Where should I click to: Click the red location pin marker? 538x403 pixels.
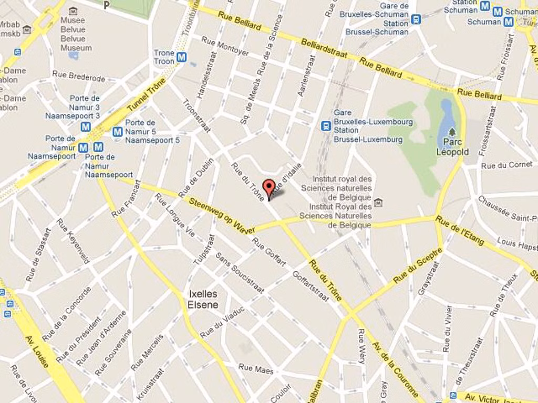pyautogui.click(x=268, y=188)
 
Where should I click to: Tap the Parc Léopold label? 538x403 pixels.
pyautogui.click(x=452, y=147)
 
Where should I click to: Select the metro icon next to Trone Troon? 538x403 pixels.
pyautogui.click(x=182, y=57)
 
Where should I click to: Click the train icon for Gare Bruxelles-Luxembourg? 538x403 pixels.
pyautogui.click(x=326, y=126)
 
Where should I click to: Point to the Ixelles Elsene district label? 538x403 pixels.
pyautogui.click(x=202, y=299)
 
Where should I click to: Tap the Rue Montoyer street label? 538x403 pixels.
pyautogui.click(x=225, y=46)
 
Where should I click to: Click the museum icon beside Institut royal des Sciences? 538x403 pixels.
pyautogui.click(x=378, y=203)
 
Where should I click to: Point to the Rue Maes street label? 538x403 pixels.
pyautogui.click(x=256, y=369)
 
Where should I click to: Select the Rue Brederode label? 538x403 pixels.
pyautogui.click(x=78, y=77)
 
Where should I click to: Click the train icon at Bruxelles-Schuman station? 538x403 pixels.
pyautogui.click(x=416, y=19)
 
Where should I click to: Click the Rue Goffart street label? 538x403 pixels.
pyautogui.click(x=270, y=252)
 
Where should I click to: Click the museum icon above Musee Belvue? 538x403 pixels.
pyautogui.click(x=73, y=11)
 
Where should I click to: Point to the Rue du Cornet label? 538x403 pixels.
pyautogui.click(x=506, y=165)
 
